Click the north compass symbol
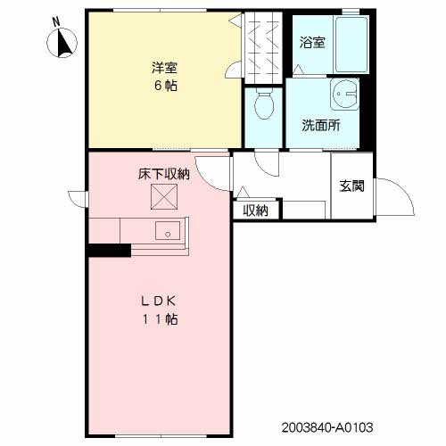65,41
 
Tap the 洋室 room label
163,68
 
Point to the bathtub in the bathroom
343,45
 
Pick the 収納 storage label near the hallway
256,211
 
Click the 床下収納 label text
163,174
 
